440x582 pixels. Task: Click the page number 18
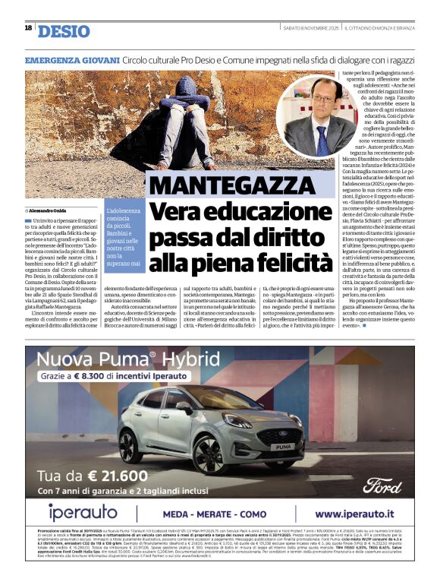point(28,27)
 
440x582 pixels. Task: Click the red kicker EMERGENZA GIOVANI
point(71,59)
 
